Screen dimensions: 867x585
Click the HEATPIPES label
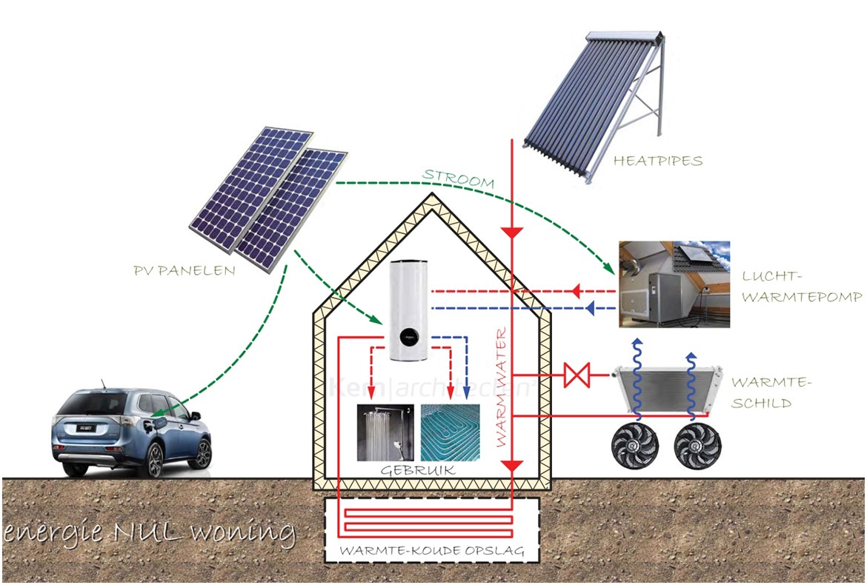[x=658, y=161]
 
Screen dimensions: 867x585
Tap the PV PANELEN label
[x=184, y=271]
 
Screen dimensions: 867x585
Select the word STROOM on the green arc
[x=458, y=179]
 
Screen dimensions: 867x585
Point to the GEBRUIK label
[x=418, y=470]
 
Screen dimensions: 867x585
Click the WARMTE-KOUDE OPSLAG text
[x=432, y=551]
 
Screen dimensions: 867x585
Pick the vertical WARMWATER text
[x=501, y=387]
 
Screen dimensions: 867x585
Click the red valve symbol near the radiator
[x=577, y=375]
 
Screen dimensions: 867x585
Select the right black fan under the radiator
[x=698, y=447]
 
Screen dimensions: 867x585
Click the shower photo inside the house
[x=385, y=432]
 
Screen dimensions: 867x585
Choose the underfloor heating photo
[x=450, y=432]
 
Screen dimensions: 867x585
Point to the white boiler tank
[x=409, y=311]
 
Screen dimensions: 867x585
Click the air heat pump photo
[x=674, y=284]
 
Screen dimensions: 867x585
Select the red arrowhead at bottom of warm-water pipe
[x=512, y=467]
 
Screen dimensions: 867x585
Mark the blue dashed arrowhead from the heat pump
[x=590, y=308]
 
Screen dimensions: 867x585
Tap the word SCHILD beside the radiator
[x=761, y=404]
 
